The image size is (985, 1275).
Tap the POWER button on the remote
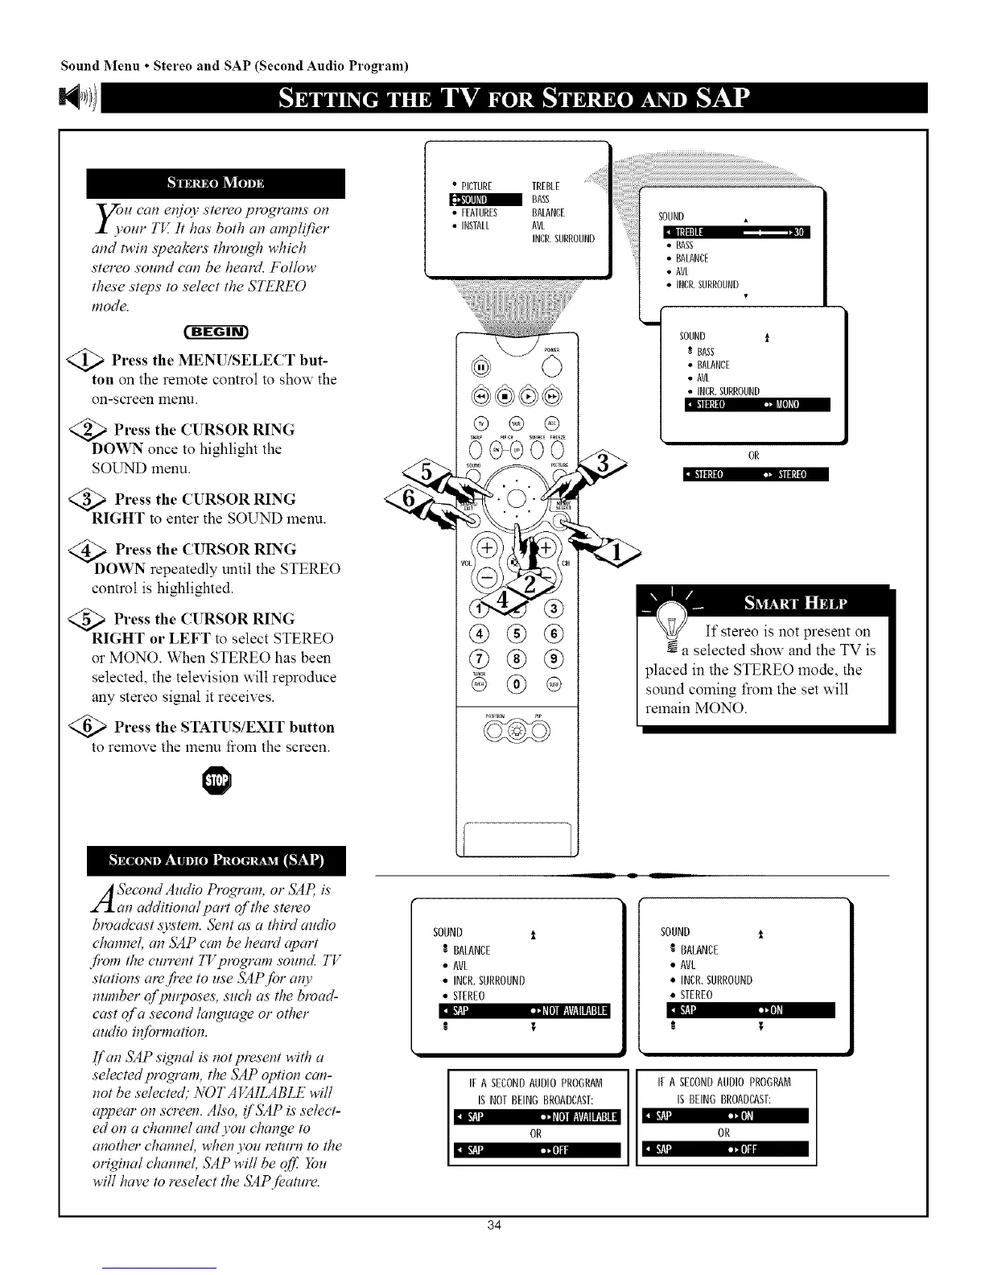pyautogui.click(x=550, y=364)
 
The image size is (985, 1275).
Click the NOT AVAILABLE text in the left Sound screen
pyautogui.click(x=575, y=1011)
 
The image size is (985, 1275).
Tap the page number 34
pyautogui.click(x=493, y=1248)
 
